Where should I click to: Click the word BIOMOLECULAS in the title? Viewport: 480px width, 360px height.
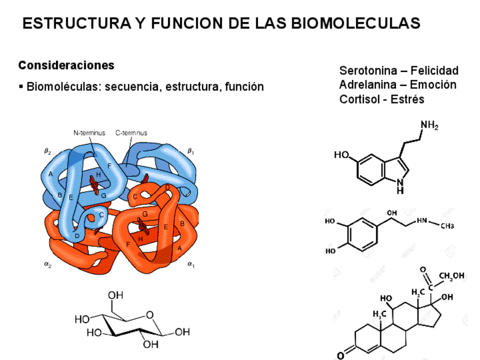tap(355, 23)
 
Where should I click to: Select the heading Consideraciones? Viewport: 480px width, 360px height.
tap(66, 65)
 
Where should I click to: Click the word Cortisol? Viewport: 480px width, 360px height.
tap(359, 99)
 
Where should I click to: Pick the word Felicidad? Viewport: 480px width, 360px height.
tap(434, 71)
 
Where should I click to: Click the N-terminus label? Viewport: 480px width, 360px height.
tap(89, 133)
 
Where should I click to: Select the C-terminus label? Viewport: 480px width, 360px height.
tap(131, 133)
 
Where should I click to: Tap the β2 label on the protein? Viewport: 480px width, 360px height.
tap(48, 152)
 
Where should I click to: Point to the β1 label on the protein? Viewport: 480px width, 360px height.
tap(191, 151)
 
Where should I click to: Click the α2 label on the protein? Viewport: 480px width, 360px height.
tap(48, 263)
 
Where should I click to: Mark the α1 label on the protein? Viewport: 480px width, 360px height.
tap(191, 263)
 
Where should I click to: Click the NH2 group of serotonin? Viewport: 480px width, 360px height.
tap(430, 126)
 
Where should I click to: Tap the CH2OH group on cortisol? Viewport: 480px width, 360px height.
tap(451, 276)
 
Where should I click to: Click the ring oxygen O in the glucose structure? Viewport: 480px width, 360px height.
tap(149, 315)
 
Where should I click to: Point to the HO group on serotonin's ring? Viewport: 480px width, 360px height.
tap(342, 155)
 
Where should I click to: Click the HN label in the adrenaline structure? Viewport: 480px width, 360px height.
tap(422, 221)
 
